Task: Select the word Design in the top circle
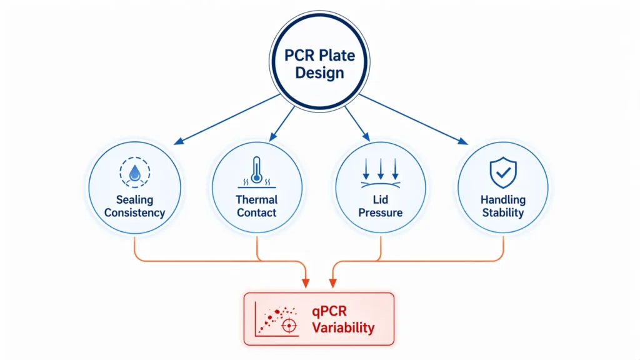[319, 73]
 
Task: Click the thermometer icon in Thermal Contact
[257, 169]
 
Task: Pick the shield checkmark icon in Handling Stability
[502, 172]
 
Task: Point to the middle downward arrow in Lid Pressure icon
[381, 169]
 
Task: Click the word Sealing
[135, 200]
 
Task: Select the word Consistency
[135, 212]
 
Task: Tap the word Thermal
[257, 200]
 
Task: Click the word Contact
[257, 212]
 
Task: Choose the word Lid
[381, 200]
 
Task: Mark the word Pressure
[381, 212]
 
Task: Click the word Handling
[502, 200]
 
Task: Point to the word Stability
[502, 212]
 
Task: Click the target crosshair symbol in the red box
[289, 326]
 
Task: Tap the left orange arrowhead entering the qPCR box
[306, 282]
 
